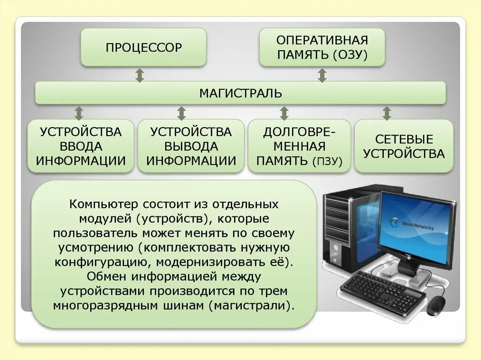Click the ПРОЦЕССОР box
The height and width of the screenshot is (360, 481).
coord(143,47)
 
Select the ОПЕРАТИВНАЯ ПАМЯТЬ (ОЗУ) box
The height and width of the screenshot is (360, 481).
coord(322,47)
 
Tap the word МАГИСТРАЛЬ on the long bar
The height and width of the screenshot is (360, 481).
coord(240,93)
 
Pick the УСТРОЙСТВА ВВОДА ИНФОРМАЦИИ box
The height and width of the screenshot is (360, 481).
coord(81,146)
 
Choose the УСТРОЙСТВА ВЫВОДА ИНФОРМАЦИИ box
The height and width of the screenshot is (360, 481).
coord(191,146)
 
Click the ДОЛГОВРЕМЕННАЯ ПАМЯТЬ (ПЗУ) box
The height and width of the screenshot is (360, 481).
coord(299,146)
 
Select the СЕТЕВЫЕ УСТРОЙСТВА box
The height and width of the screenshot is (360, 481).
coord(403,146)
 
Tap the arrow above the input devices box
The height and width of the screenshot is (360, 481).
coord(79,113)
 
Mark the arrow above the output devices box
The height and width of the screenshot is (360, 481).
coord(182,113)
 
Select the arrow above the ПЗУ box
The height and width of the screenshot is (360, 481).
coord(284,113)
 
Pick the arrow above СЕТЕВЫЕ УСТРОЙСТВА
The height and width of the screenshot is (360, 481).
coord(387,113)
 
